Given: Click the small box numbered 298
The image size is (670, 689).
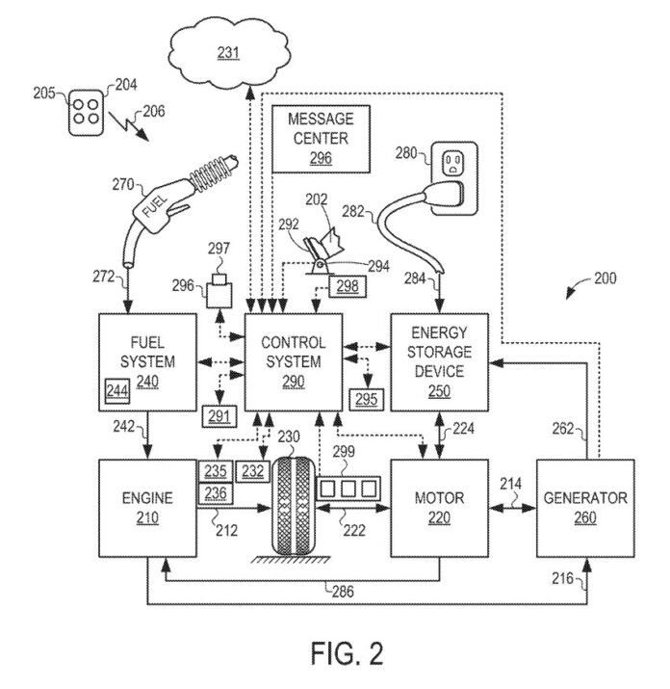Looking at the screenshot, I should (x=348, y=285).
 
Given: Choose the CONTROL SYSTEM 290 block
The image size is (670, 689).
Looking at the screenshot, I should (x=295, y=361).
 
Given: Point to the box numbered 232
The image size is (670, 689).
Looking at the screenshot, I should (x=252, y=471).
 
